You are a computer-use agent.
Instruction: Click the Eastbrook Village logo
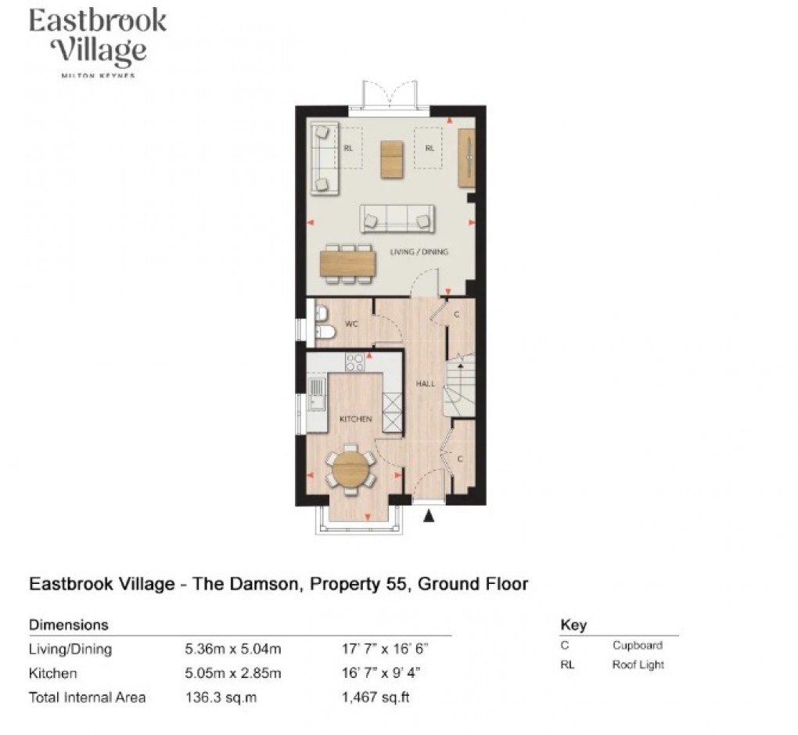tap(97, 41)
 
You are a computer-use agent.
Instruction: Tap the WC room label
tap(351, 323)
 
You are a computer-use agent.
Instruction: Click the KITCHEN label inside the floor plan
tap(355, 420)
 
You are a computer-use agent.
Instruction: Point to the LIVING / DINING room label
tap(419, 252)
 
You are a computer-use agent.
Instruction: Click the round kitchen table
tap(348, 468)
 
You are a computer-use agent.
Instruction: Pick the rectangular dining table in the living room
tap(348, 261)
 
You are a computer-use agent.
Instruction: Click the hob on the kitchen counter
tap(354, 362)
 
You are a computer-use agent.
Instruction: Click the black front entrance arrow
tap(427, 516)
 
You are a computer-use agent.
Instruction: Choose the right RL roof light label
tap(429, 147)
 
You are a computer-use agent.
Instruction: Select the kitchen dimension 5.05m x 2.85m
tap(232, 673)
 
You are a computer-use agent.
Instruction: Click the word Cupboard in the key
tap(637, 646)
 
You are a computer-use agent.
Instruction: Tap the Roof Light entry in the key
tap(638, 665)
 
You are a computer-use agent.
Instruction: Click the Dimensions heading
tap(68, 625)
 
